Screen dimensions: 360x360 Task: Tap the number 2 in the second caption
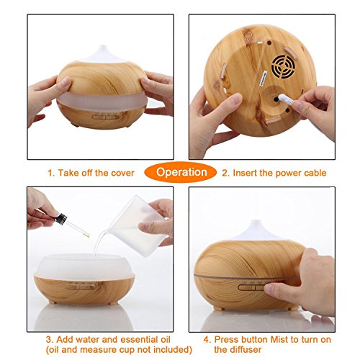click(x=225, y=173)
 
